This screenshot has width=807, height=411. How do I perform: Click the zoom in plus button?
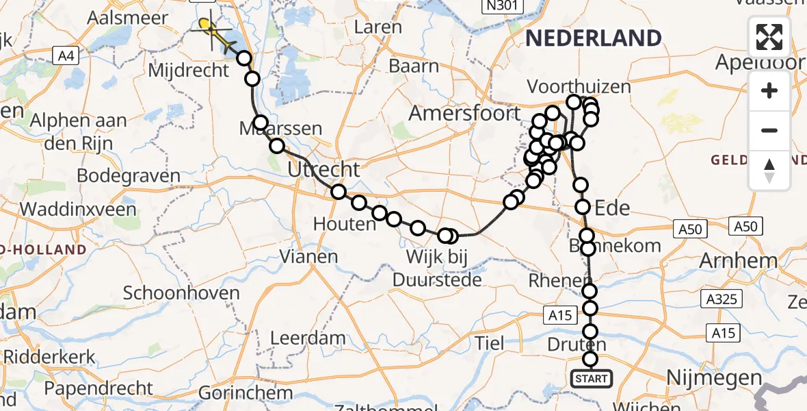pyautogui.click(x=769, y=91)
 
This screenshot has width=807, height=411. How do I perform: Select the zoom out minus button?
pyautogui.click(x=769, y=130)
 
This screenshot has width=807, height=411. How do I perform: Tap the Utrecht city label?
pyautogui.click(x=323, y=169)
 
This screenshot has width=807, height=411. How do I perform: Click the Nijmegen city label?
pyautogui.click(x=715, y=377)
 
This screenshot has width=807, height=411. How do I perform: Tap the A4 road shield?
pyautogui.click(x=66, y=56)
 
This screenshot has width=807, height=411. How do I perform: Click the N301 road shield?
pyautogui.click(x=502, y=6)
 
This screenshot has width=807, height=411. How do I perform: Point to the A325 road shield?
pyautogui.click(x=724, y=299)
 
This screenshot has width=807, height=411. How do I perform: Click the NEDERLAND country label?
pyautogui.click(x=594, y=38)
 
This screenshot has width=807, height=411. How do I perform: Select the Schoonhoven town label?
pyautogui.click(x=181, y=293)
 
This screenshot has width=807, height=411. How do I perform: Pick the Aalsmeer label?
pyautogui.click(x=128, y=17)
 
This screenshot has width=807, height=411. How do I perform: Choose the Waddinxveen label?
pyautogui.click(x=79, y=209)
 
